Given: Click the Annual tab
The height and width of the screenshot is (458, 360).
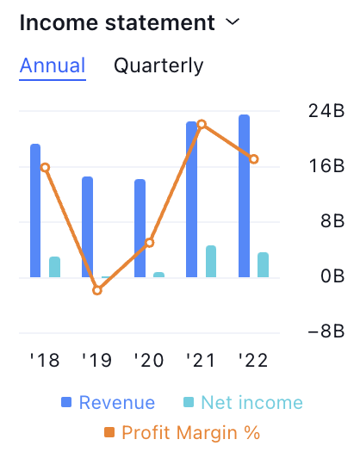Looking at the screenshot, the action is point(53,65).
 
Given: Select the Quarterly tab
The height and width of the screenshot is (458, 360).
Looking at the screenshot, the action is point(158,66).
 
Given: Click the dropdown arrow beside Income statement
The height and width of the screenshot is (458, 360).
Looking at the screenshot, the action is point(233,22).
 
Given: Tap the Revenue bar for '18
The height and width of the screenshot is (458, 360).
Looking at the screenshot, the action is point(35,210).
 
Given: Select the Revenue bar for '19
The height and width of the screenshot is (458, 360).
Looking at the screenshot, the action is point(87,226).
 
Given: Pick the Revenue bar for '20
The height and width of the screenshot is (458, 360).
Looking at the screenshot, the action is point(140,228).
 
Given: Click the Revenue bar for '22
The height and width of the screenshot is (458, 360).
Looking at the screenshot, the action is point(244,195).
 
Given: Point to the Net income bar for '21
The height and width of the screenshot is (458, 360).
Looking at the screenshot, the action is point(211,261).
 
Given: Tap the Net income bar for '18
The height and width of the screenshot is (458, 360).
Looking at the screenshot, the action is point(54,267).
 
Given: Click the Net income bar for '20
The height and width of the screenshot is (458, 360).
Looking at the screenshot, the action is point(159,275).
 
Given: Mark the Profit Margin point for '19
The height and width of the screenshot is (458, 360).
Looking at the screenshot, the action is point(97,290).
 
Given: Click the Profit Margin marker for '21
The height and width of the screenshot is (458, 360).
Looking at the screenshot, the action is point(202,124).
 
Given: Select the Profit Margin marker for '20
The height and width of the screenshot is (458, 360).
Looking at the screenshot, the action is point(150,243).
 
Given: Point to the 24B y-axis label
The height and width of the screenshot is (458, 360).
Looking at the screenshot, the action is point(326,111).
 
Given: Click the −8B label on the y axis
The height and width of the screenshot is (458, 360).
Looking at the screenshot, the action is point(326,331).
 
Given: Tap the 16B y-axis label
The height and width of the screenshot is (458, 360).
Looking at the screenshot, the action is point(327,166).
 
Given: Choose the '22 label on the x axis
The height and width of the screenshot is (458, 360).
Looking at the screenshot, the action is point(253,360).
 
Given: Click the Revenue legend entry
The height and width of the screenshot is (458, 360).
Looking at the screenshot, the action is point(109,403).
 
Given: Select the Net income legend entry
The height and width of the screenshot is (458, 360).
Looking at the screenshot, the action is point(243,403).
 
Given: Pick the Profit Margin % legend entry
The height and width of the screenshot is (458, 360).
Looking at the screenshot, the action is point(183,432).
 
